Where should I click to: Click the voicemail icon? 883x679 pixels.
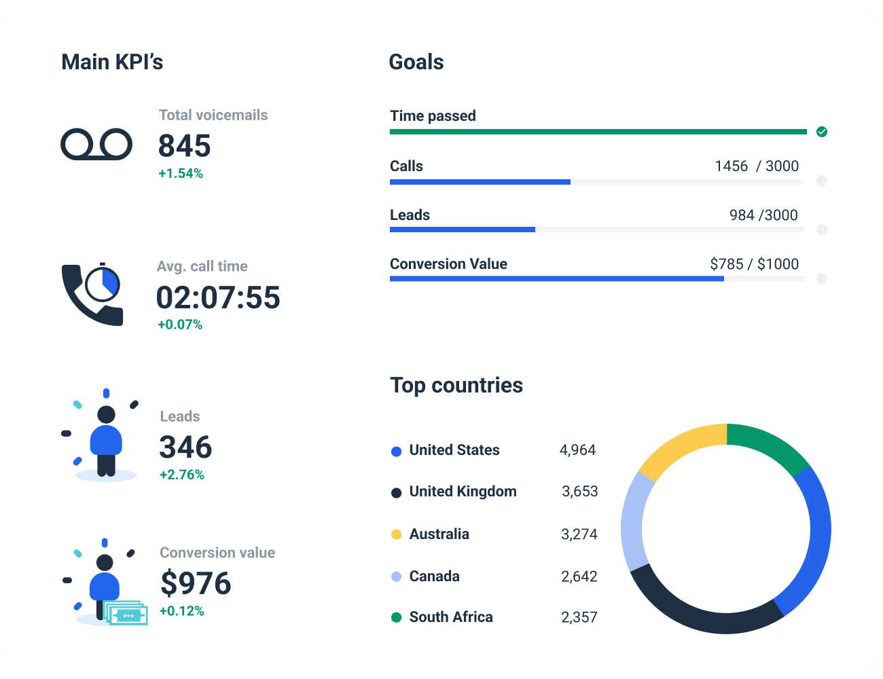pyautogui.click(x=96, y=144)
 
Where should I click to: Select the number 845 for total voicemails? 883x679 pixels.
pyautogui.click(x=185, y=146)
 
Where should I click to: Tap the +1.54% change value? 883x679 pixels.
pyautogui.click(x=181, y=174)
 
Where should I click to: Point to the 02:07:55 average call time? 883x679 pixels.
pyautogui.click(x=218, y=298)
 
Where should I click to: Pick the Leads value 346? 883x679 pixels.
pyautogui.click(x=185, y=447)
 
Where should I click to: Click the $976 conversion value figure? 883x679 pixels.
pyautogui.click(x=196, y=584)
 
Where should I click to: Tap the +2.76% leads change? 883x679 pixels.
pyautogui.click(x=181, y=475)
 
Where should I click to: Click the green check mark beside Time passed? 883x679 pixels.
pyautogui.click(x=822, y=132)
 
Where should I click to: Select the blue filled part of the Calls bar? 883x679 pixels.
pyautogui.click(x=480, y=182)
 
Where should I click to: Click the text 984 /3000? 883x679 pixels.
pyautogui.click(x=763, y=215)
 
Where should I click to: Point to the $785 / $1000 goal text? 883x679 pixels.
pyautogui.click(x=754, y=264)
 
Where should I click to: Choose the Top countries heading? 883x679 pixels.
pyautogui.click(x=456, y=385)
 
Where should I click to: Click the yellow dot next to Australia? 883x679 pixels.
pyautogui.click(x=397, y=534)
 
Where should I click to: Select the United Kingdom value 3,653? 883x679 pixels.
pyautogui.click(x=579, y=492)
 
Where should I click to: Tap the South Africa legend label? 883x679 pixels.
pyautogui.click(x=451, y=617)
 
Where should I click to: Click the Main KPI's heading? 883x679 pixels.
pyautogui.click(x=112, y=62)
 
